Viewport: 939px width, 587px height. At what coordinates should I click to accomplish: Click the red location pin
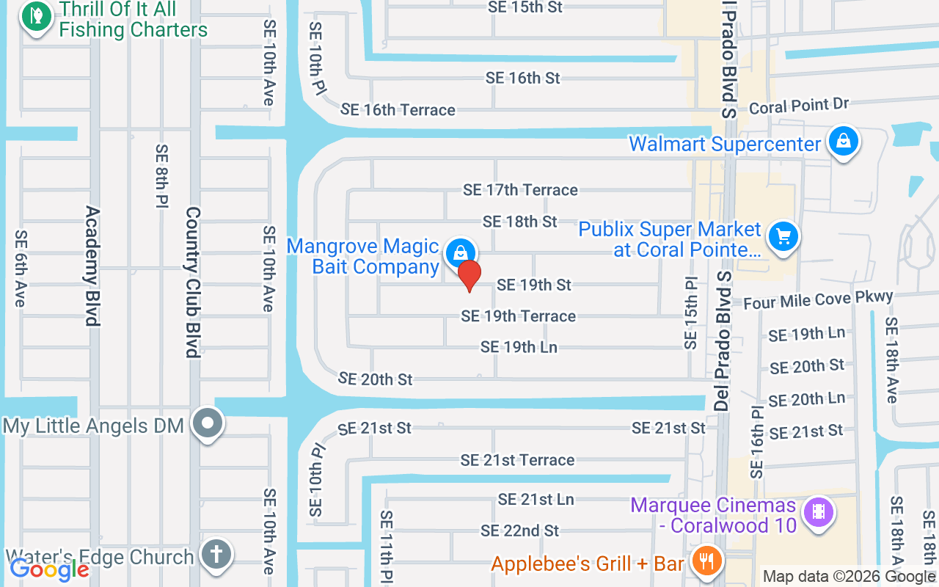coord(469,276)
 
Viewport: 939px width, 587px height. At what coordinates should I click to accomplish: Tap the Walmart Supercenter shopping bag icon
coord(844,142)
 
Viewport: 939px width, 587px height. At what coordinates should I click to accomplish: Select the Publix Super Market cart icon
coord(783,237)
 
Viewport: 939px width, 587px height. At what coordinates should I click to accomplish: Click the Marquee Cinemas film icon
coord(819,511)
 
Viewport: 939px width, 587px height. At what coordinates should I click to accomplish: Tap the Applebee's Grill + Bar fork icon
coord(707,562)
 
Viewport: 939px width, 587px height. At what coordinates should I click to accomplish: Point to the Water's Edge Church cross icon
coord(216,553)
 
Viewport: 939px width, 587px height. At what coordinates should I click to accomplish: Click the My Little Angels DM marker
coord(208,423)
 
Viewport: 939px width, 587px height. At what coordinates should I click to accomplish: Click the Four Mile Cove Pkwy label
coord(818,299)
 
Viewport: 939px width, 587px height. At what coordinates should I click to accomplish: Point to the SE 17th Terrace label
coord(520,190)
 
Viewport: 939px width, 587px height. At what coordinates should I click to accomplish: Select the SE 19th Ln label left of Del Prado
coord(519,347)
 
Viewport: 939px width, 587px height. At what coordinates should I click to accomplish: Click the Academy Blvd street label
coord(92,266)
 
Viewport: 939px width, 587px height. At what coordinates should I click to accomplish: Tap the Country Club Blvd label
coord(193,282)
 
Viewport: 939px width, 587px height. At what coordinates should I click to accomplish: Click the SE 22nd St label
coord(519,531)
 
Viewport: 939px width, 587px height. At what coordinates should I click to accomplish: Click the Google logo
coord(49,569)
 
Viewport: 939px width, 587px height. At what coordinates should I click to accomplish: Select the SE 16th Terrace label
coord(398,110)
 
